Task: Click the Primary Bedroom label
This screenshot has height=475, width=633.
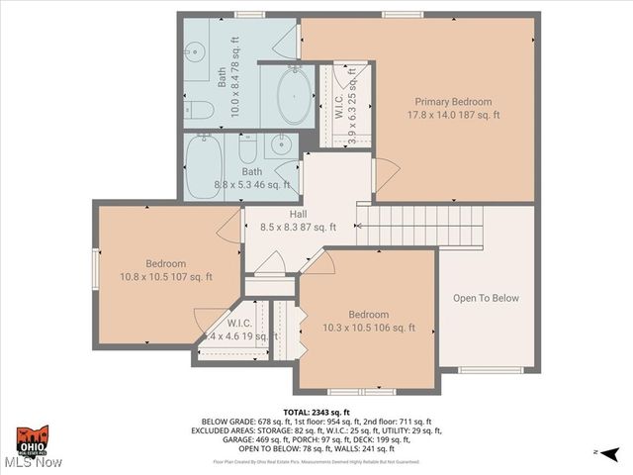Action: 453,102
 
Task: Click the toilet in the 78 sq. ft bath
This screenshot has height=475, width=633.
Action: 196,108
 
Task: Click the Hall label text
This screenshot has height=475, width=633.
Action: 298,214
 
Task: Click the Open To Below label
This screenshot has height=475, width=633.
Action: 485,298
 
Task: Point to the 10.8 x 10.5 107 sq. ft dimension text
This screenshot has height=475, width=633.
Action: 165,278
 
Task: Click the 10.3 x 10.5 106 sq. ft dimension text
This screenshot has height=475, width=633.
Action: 367,328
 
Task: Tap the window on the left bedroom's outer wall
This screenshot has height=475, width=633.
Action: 96,265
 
